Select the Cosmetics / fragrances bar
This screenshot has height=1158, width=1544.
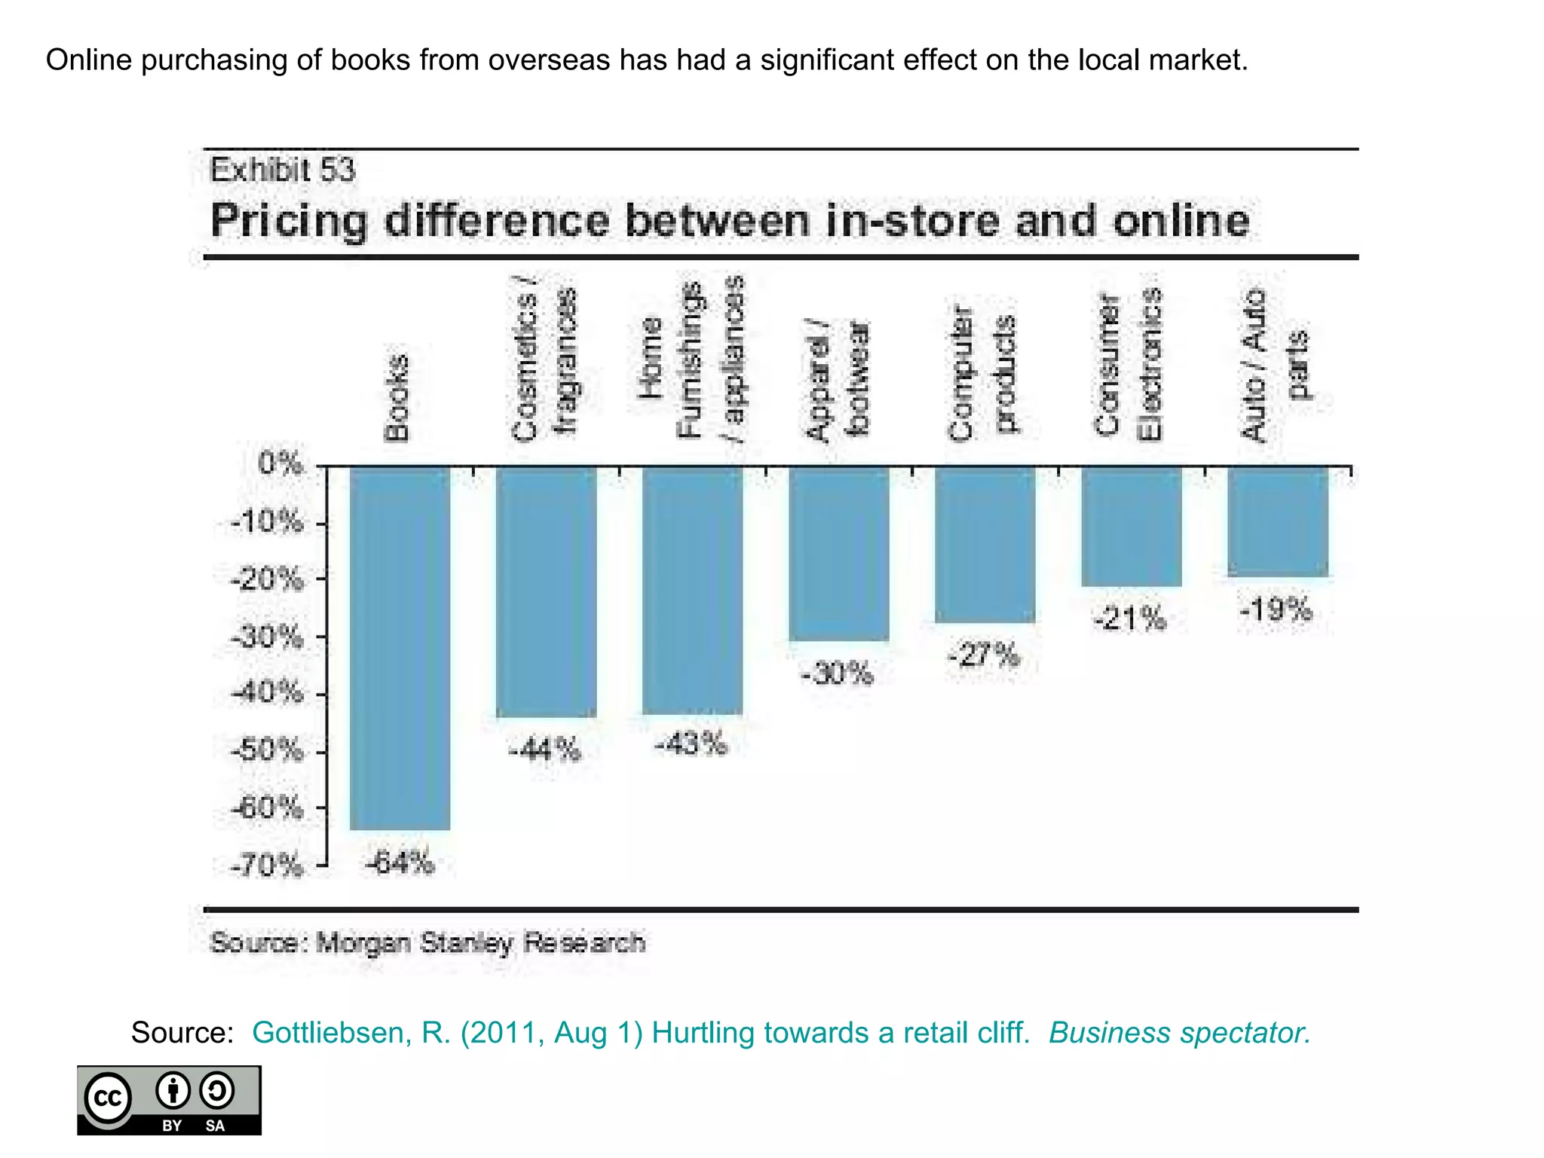tap(546, 591)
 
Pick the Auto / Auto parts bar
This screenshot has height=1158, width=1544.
tap(1278, 521)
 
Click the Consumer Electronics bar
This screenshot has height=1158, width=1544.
tap(1131, 525)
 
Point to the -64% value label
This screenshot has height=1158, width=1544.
tap(400, 862)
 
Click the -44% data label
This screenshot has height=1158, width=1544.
tap(545, 749)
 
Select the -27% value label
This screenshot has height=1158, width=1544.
tap(984, 655)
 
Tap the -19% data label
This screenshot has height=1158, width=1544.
tap(1276, 609)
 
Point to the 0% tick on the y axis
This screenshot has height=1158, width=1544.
tap(280, 464)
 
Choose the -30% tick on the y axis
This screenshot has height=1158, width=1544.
tap(268, 638)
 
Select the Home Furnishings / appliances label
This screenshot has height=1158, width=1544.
tap(691, 360)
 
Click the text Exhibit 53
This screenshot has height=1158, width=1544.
tap(282, 170)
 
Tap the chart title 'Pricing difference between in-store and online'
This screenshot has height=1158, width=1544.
tap(729, 221)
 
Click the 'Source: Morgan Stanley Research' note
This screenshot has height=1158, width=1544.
tap(427, 942)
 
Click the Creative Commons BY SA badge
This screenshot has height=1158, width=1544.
tap(169, 1100)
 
